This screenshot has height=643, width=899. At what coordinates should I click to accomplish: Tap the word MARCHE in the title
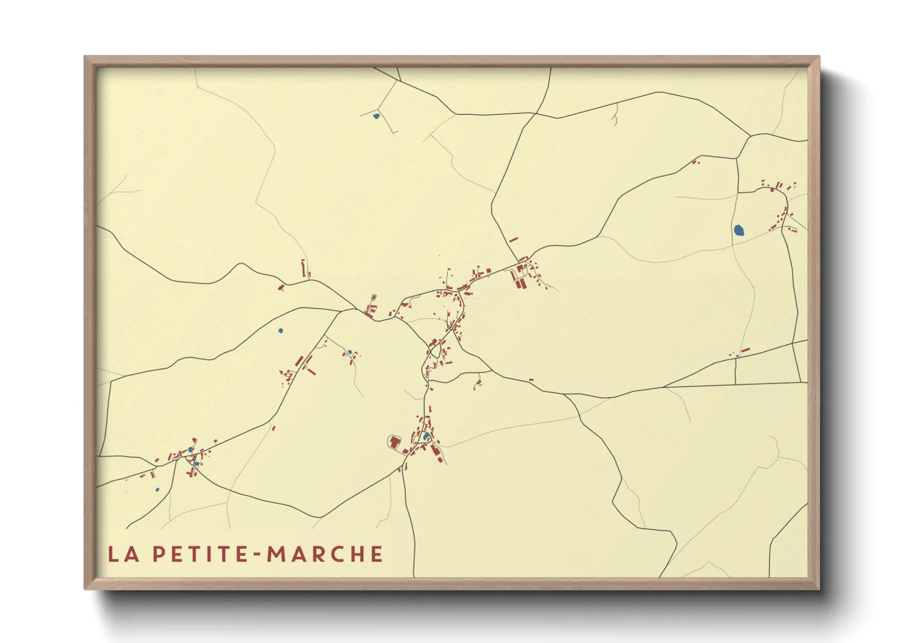click(325, 554)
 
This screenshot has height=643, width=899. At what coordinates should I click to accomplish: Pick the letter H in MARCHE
click(356, 554)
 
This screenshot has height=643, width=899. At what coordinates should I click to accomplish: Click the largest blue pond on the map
click(739, 230)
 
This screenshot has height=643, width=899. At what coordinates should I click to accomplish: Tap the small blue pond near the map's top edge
click(376, 115)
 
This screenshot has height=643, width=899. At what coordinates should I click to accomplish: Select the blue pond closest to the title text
click(157, 489)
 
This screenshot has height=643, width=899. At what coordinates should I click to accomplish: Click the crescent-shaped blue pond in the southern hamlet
click(426, 436)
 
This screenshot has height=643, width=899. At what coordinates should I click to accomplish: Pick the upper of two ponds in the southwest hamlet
click(191, 450)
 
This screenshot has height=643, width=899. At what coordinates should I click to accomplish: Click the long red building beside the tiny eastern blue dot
click(745, 350)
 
